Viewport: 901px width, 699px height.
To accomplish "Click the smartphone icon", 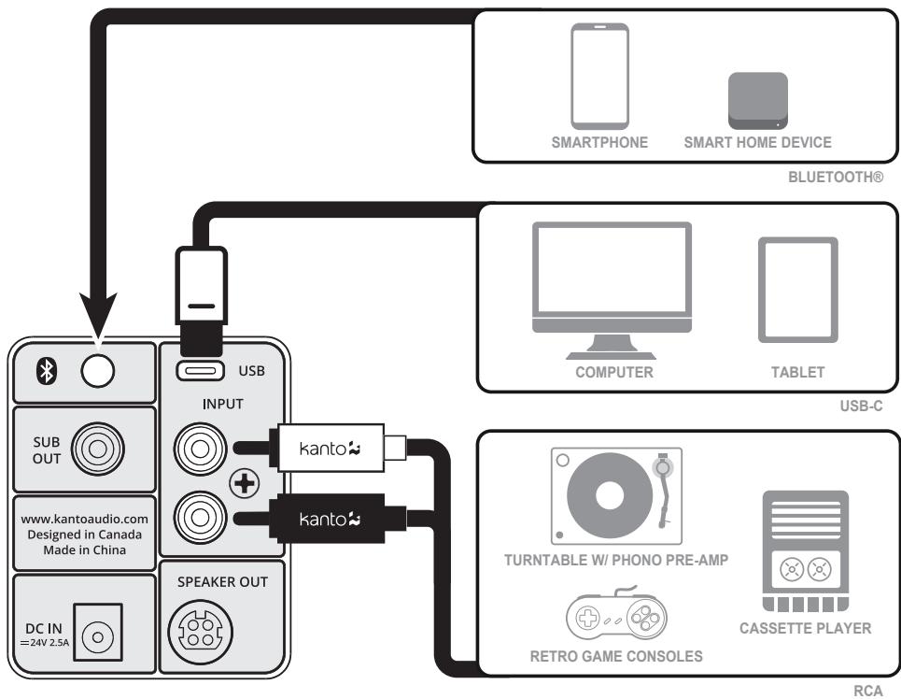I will point(600,76).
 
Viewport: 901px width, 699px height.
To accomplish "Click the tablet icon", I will point(796,289).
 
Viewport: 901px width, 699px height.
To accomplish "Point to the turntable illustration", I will point(616,495).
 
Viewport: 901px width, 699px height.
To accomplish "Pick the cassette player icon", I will point(806,550).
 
